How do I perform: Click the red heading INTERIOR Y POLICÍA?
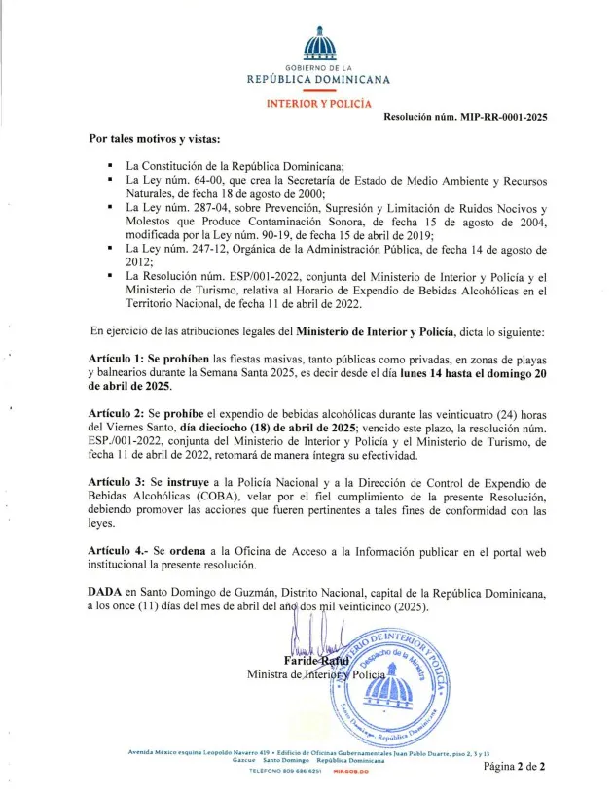(318, 102)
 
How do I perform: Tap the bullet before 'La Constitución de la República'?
(113, 166)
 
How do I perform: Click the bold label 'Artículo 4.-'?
(119, 550)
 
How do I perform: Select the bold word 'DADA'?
(106, 592)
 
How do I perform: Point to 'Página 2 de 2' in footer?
(515, 766)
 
